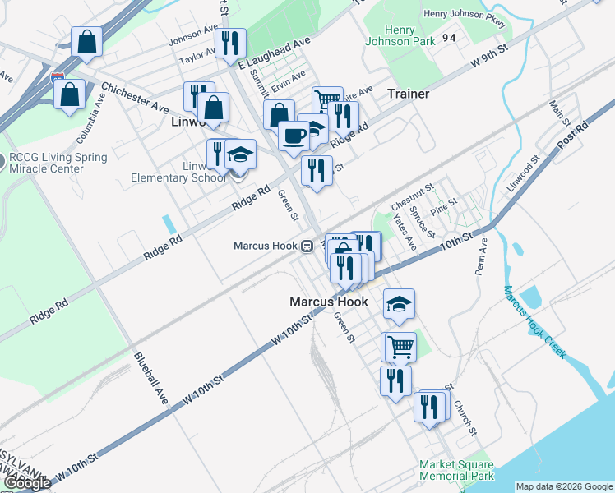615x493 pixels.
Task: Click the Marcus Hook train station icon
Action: [x=306, y=245]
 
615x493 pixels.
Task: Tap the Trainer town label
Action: [x=409, y=94]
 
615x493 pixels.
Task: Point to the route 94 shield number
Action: [x=448, y=38]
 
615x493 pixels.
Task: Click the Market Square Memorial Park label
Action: [x=457, y=470]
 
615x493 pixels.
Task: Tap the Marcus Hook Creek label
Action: [x=534, y=321]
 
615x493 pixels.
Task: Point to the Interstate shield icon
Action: [x=58, y=78]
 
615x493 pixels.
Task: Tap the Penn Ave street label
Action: [x=481, y=256]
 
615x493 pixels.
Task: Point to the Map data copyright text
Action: [x=564, y=486]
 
